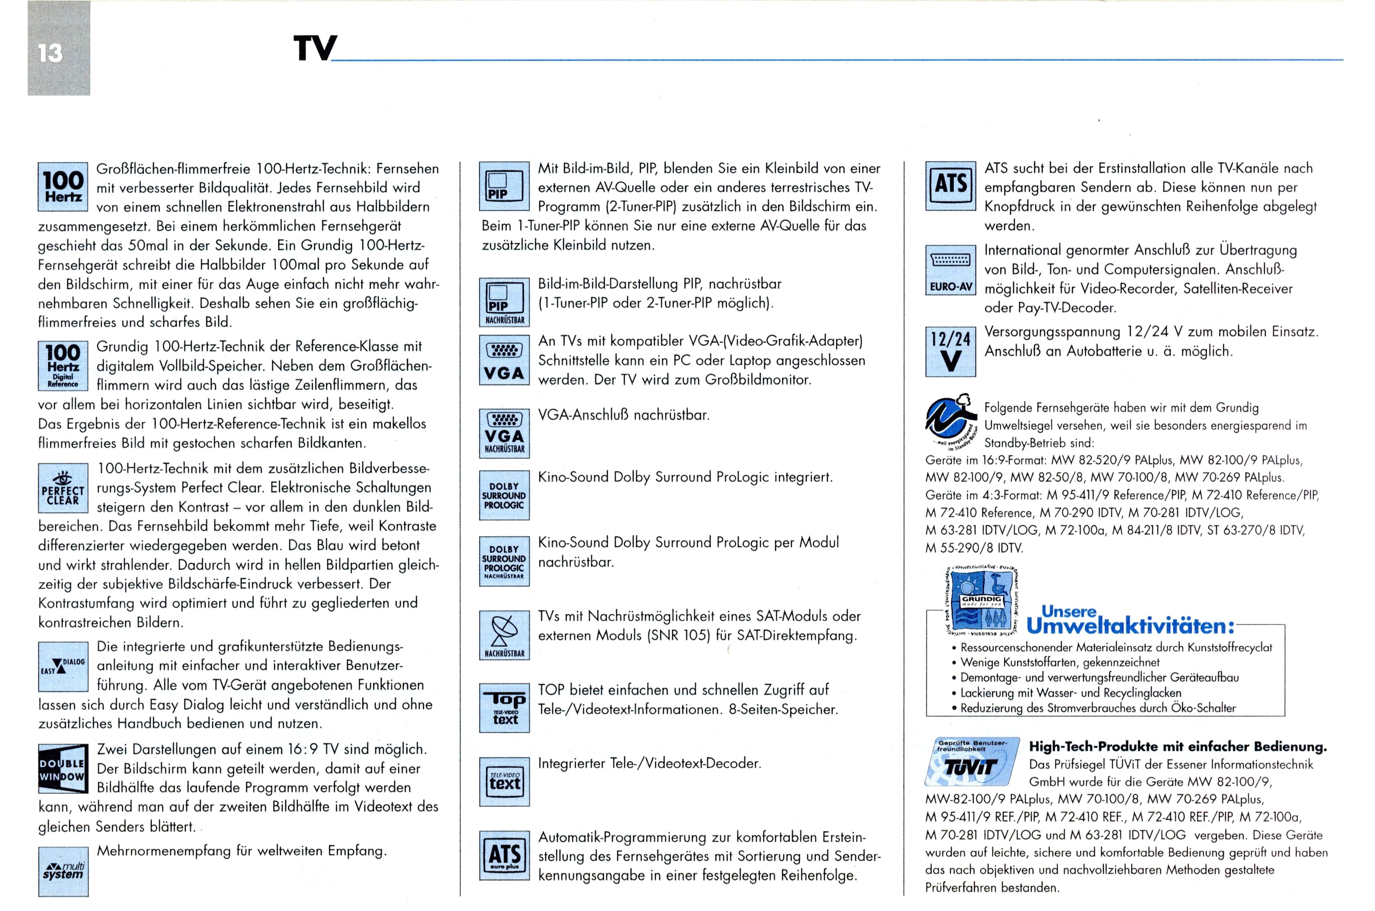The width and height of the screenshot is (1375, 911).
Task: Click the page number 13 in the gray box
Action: [x=51, y=53]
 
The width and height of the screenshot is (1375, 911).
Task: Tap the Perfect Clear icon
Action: [x=63, y=488]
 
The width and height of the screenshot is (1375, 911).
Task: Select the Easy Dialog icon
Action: [x=63, y=666]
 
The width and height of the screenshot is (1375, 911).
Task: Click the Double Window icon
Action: [x=63, y=769]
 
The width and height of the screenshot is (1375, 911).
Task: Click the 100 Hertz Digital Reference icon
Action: [x=63, y=366]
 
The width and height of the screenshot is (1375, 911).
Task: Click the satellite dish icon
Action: [x=504, y=635]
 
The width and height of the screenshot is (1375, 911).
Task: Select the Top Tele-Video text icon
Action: [x=504, y=708]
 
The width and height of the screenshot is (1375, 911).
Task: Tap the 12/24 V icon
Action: [x=951, y=351]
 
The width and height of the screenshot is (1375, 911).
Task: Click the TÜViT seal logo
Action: [x=972, y=762]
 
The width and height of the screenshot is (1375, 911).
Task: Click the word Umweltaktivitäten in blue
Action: [x=1130, y=626]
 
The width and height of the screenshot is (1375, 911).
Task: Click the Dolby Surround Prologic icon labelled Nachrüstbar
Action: [x=504, y=561]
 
